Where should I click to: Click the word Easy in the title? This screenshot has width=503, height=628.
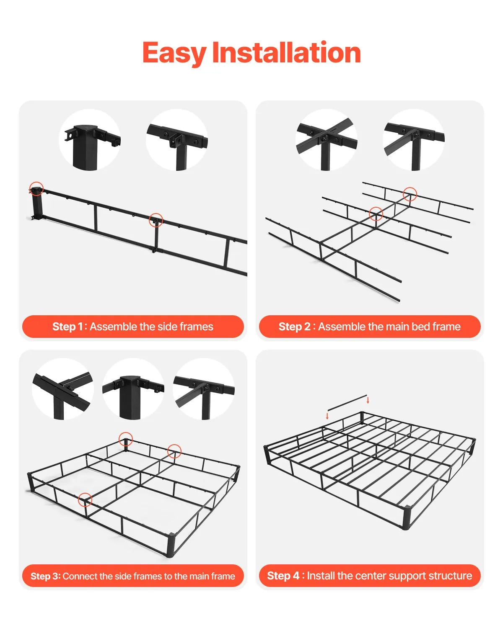coord(174,53)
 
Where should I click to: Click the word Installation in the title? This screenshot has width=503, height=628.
coord(286,53)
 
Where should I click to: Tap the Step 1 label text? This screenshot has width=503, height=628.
coord(67,327)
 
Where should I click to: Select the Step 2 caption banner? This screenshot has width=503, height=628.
coord(370,327)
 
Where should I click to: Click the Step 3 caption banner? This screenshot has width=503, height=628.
coord(133,576)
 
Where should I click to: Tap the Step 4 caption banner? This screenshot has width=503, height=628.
coord(370,576)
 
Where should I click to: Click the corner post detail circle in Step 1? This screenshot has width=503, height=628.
coord(90,140)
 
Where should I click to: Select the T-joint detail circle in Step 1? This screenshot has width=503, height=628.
coord(177,140)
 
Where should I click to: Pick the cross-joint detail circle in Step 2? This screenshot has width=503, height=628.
coord(327,140)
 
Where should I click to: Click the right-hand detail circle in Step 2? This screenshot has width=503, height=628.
coord(414,140)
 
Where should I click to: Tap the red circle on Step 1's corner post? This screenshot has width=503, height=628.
coord(36,189)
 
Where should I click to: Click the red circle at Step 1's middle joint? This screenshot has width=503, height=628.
coord(156,220)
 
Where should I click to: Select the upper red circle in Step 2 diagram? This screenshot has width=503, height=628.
coord(410,194)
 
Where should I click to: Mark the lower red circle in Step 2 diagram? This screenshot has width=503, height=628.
coord(376,214)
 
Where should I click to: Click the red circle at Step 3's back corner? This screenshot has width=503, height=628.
coord(126,440)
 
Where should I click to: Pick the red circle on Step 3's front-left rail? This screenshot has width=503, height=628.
coord(85,499)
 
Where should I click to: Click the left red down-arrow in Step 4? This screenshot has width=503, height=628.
coord(327,416)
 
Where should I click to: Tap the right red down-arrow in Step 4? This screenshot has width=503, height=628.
coord(368,400)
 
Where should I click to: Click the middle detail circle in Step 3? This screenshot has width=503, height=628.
coord(133,389)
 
